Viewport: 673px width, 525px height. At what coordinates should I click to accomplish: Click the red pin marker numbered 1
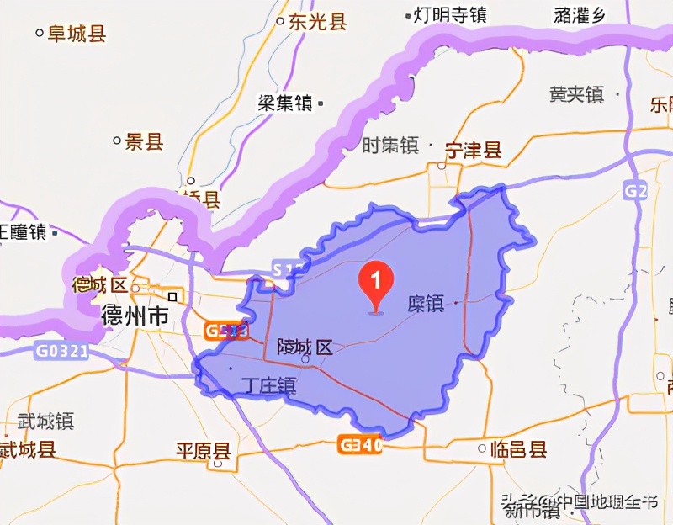pos(376,284)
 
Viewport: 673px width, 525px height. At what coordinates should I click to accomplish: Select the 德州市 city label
pos(135,316)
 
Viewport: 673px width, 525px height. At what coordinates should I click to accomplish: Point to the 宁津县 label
pos(473,151)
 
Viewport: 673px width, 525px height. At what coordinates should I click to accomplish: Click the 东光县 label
pos(317,22)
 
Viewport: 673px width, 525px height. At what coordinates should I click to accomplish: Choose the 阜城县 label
pos(76,34)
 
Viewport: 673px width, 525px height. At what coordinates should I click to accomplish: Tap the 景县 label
pos(143,141)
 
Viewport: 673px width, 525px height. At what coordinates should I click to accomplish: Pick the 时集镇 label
pos(389,146)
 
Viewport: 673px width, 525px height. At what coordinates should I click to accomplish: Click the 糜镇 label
pos(425,304)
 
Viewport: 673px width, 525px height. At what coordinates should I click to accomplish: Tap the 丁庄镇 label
pos(268,386)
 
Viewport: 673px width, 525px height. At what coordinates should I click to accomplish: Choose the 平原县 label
pos(202,449)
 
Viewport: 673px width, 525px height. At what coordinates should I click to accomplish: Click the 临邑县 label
pos(518,449)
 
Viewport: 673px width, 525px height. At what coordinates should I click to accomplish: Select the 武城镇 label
pos(45,421)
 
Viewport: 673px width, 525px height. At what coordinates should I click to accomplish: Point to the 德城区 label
pos(99,284)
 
